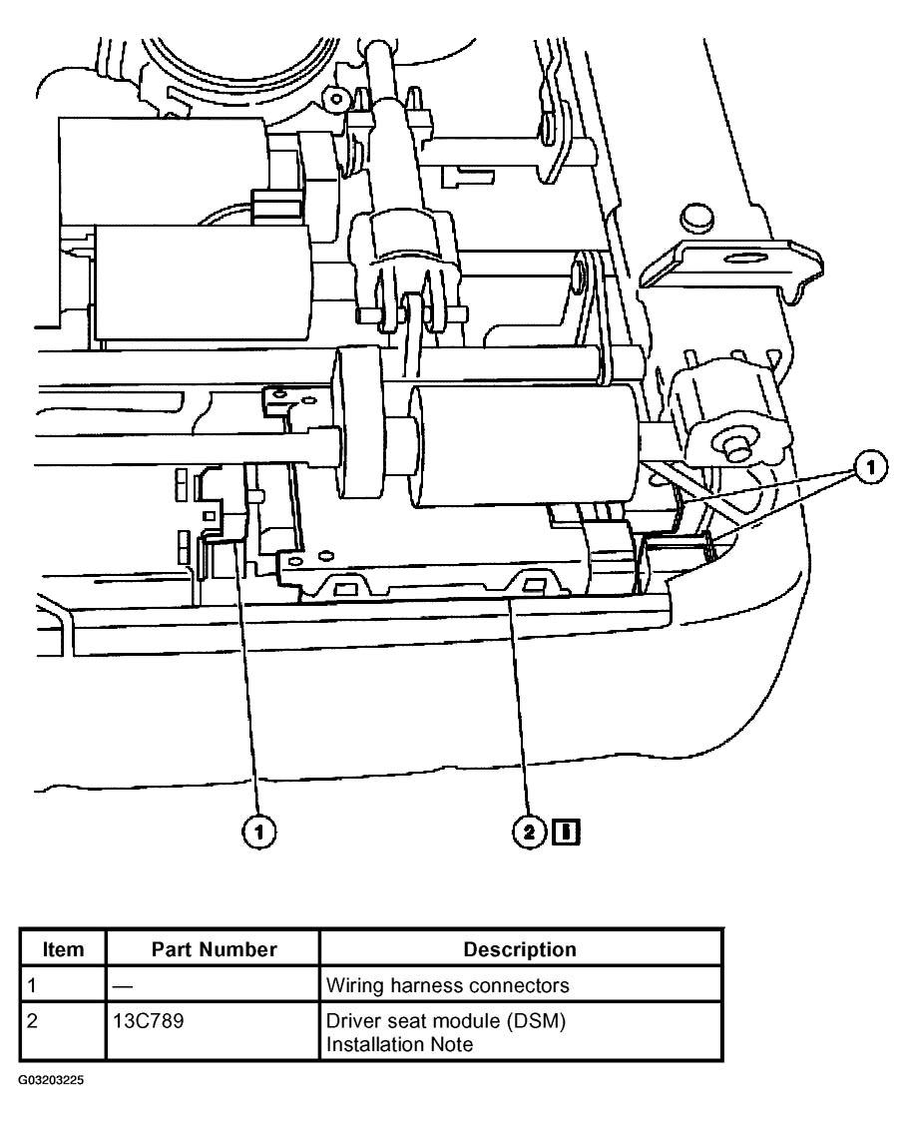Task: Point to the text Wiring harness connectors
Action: click(x=448, y=985)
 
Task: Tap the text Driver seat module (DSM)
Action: click(x=425, y=1021)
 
